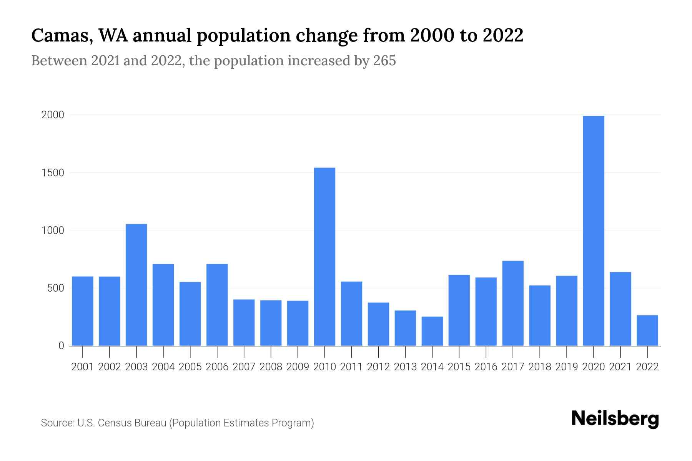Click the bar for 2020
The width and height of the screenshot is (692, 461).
coord(593,230)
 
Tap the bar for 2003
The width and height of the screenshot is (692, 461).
coord(136,285)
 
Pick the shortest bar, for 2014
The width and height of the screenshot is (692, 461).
coord(432,331)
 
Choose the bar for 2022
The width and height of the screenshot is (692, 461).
coord(647,330)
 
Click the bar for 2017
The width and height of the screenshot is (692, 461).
coord(512,303)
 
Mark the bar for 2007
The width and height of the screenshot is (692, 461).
coord(244,322)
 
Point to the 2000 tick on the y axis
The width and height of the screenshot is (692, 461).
coord(53,115)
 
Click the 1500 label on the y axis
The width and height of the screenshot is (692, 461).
coord(53,172)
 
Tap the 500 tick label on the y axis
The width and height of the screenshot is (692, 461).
coord(56,288)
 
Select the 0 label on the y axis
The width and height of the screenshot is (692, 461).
coord(61,346)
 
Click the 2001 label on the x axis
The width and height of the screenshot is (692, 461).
coord(83,367)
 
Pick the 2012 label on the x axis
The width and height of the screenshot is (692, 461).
coord(378,367)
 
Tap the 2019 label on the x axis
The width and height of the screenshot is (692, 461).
coord(566,367)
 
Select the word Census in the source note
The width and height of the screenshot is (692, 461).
coord(113,423)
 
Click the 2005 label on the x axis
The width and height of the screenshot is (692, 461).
coord(190,367)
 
